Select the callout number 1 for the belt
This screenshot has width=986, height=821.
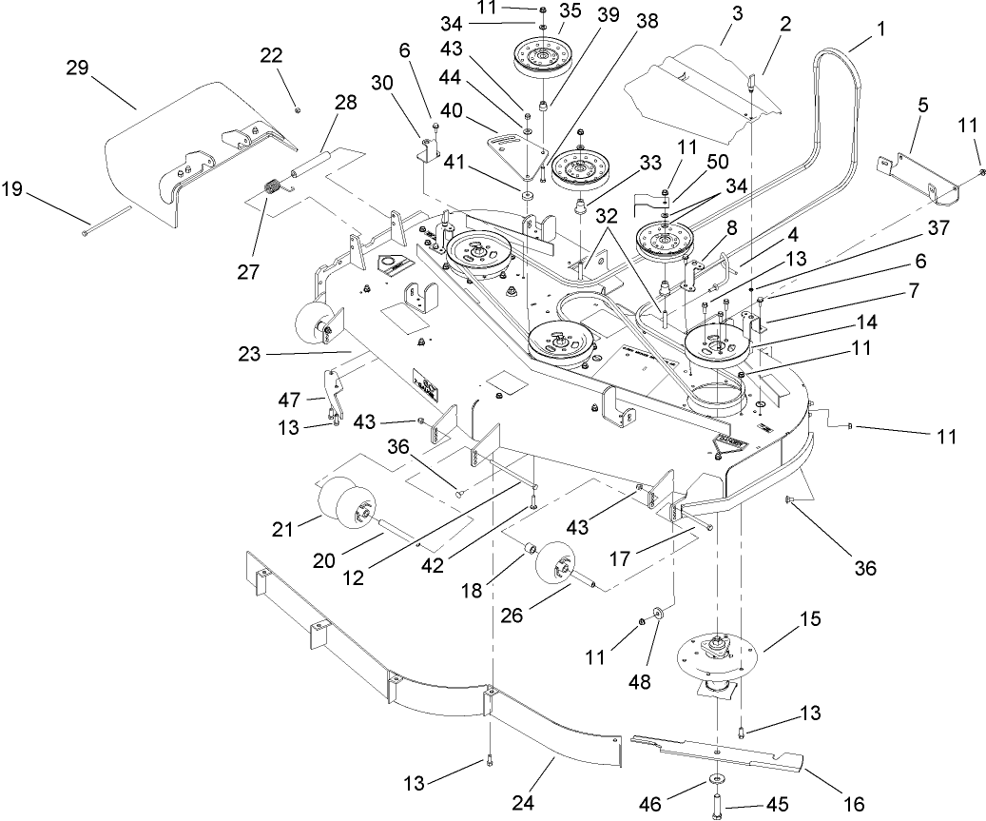880,29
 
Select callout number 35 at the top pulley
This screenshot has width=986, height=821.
570,11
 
